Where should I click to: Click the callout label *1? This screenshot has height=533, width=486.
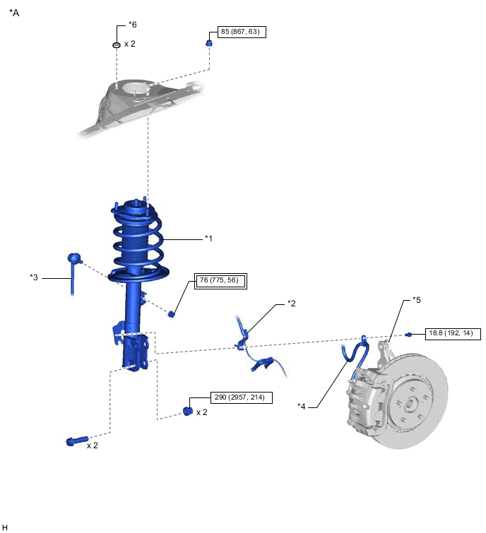[x=208, y=239]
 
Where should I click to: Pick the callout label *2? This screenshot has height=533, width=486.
[x=292, y=303]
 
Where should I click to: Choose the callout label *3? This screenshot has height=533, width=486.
[x=34, y=277]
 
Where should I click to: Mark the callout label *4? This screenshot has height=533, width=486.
[x=302, y=406]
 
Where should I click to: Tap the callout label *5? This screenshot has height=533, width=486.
[x=417, y=300]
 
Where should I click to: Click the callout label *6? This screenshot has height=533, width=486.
[x=132, y=25]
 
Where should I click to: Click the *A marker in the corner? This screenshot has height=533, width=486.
[x=14, y=13]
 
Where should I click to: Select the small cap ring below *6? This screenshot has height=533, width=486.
[x=117, y=44]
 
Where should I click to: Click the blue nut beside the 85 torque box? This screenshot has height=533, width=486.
[x=209, y=43]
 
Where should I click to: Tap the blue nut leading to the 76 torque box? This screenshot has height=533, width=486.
[x=172, y=313]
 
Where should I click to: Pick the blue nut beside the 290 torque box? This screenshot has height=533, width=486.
[x=188, y=411]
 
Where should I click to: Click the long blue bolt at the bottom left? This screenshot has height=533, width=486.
[x=77, y=441]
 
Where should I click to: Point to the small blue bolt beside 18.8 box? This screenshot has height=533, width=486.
[x=408, y=335]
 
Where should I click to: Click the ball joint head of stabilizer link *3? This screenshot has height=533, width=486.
[x=73, y=258]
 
